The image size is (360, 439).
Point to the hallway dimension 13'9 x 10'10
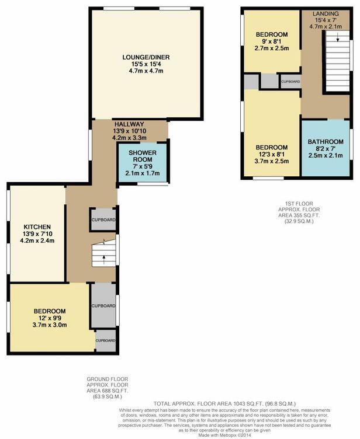[x=130, y=131]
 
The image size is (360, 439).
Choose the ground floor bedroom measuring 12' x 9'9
[x=49, y=318]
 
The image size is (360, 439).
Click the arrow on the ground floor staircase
[x=104, y=257]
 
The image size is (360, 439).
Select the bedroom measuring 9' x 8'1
[x=272, y=42]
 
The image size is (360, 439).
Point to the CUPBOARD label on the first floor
[x=290, y=82]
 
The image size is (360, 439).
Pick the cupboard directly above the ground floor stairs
[x=103, y=219]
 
